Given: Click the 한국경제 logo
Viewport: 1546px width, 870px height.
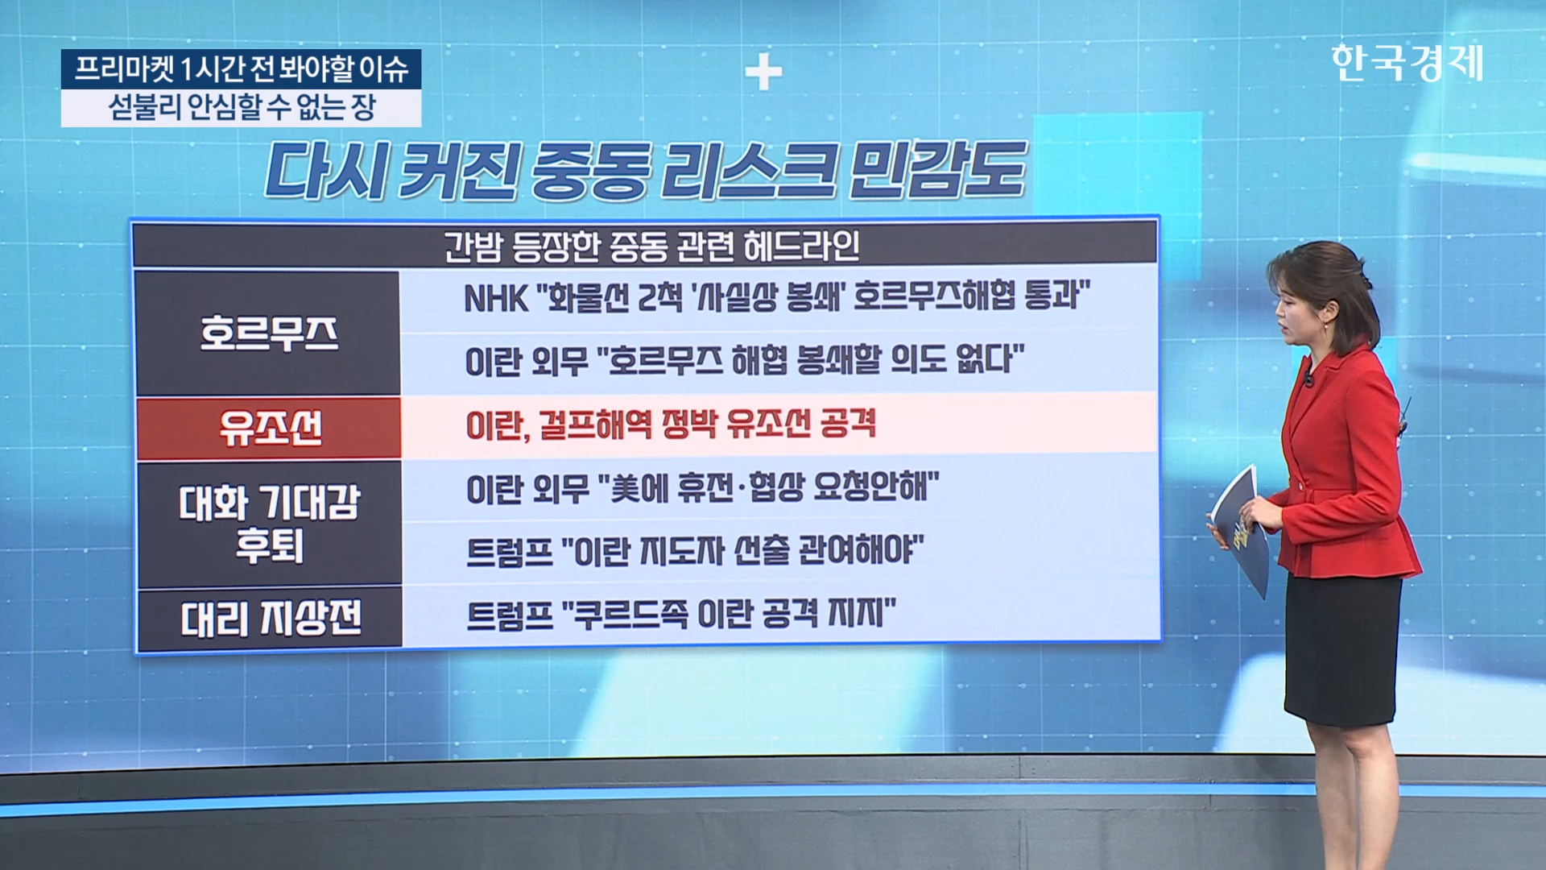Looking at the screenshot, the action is coord(1407,63).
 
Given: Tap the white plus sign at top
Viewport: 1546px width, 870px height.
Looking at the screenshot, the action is coord(763,73).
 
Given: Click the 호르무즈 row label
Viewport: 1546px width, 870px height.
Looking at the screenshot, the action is coord(269,333).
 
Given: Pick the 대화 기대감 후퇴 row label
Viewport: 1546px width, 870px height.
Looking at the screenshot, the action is coord(269,524).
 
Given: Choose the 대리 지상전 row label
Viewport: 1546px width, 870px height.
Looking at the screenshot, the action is coord(271,619).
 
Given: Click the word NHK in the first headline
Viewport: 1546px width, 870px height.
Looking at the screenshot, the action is coord(496,299).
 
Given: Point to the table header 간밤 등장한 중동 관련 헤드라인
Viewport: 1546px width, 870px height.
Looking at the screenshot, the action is coord(651,246).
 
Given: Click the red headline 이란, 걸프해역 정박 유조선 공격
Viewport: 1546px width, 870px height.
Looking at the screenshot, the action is coord(671,425).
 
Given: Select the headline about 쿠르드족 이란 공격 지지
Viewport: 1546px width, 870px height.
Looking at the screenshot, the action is coord(681,615).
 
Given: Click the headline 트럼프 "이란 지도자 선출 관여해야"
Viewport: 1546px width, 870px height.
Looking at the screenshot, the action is coord(695,551).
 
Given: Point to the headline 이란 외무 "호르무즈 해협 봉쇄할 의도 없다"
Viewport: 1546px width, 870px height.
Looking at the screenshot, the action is coord(745,360).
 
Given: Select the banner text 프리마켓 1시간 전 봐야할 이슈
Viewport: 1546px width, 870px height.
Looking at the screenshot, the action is coord(242,69).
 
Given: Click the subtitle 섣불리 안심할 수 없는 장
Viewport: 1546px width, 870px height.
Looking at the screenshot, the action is coord(242,107).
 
